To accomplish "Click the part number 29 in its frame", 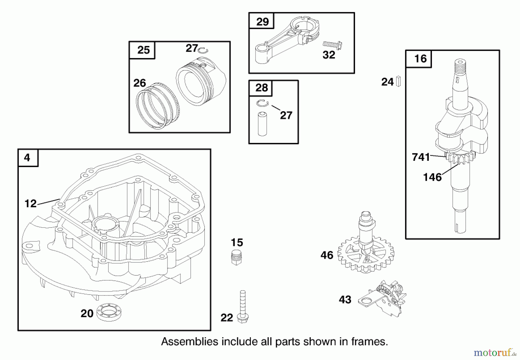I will (262, 21).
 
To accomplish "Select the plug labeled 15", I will (237, 257).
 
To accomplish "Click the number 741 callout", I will (421, 157).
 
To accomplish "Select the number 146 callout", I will (432, 177).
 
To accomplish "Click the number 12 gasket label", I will (30, 204).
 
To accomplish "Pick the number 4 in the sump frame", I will (27, 158).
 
